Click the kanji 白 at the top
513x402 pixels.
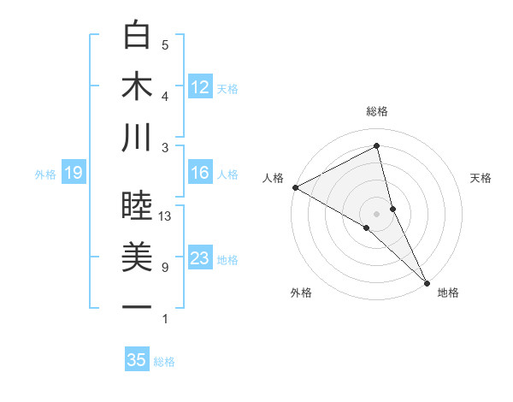pyautogui.click(x=137, y=35)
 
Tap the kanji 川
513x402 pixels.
pyautogui.click(x=137, y=138)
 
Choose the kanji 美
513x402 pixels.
pyautogui.click(x=137, y=257)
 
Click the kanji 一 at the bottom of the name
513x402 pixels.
pyautogui.click(x=137, y=307)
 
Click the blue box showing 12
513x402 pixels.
pyautogui.click(x=200, y=86)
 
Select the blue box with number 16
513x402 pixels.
pyautogui.click(x=200, y=174)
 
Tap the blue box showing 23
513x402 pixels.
pyautogui.click(x=200, y=259)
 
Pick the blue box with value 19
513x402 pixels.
pyautogui.click(x=73, y=174)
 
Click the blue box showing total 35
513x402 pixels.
pyautogui.click(x=137, y=360)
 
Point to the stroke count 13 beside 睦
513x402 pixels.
pyautogui.click(x=165, y=217)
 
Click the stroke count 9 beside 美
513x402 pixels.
pyautogui.click(x=165, y=269)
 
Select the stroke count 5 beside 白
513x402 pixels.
pyautogui.click(x=165, y=45)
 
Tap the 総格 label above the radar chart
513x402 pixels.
pyautogui.click(x=377, y=112)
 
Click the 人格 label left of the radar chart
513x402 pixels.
pyautogui.click(x=274, y=178)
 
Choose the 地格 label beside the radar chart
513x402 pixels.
pyautogui.click(x=448, y=293)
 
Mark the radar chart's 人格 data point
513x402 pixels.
pyautogui.click(x=295, y=187)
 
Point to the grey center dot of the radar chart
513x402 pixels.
pyautogui.click(x=377, y=213)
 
